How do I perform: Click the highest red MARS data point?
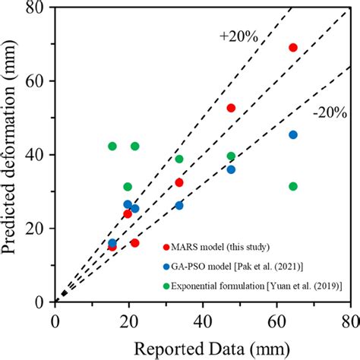(x=293, y=48)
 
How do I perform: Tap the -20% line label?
(x=329, y=113)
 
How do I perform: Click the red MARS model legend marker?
(x=165, y=246)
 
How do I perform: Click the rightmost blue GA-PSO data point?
(x=293, y=134)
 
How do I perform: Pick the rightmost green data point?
(x=293, y=186)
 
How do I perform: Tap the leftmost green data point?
(x=112, y=146)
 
